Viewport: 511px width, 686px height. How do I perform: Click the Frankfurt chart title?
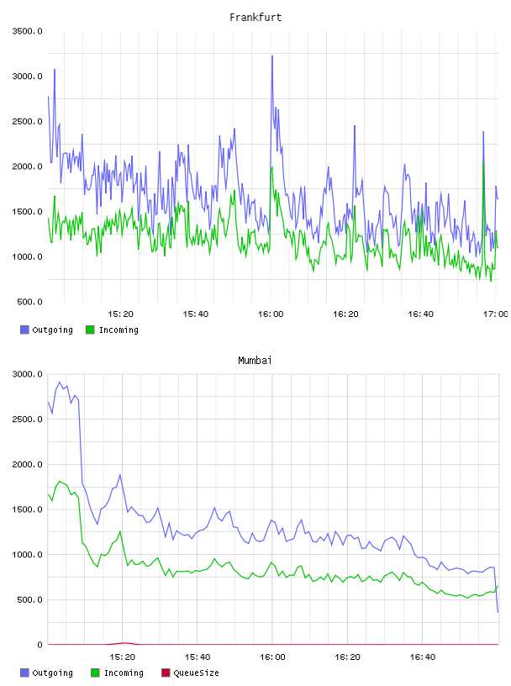coord(255,18)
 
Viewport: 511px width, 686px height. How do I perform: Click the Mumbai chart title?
coord(255,361)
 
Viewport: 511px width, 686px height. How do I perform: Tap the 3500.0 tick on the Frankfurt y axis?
coord(27,31)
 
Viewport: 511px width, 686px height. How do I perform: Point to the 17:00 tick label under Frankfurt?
coord(495,314)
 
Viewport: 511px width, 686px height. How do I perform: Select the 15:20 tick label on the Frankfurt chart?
coord(120,314)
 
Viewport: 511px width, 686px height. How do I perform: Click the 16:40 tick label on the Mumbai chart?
coord(422,657)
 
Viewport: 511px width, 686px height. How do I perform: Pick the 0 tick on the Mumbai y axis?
coord(40,645)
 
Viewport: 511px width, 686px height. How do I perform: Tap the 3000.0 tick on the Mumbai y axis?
coord(27,374)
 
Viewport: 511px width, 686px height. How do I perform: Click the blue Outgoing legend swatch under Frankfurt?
coord(24,330)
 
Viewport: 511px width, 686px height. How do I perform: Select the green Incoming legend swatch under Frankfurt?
coord(90,330)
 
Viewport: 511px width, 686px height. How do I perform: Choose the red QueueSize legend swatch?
coord(166,673)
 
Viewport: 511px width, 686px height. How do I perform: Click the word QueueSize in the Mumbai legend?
coord(196,673)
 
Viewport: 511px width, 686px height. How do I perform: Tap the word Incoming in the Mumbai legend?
coord(124,673)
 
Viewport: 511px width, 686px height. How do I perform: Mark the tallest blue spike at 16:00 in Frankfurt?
coord(272,56)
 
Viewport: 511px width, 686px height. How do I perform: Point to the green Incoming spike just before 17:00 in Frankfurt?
coord(483,163)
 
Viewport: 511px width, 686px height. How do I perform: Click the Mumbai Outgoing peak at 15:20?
coord(120,474)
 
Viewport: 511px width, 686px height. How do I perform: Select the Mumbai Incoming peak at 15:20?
coord(120,531)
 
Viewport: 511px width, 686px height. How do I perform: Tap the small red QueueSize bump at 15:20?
coord(124,643)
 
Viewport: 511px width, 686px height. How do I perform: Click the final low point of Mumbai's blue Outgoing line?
coord(498,612)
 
